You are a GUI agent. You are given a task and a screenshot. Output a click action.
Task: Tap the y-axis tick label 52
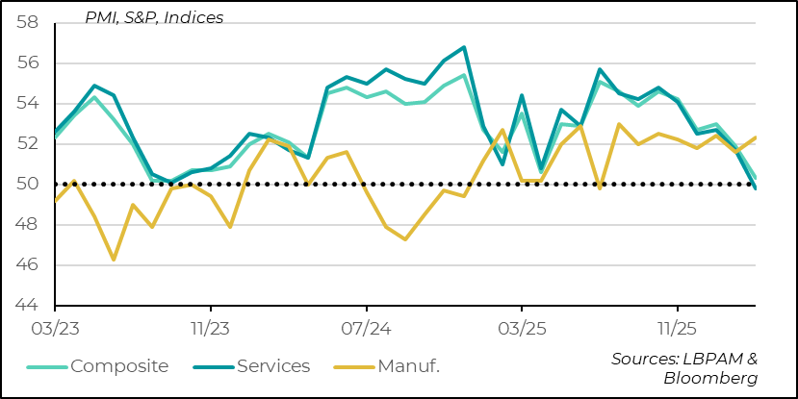tap(28, 144)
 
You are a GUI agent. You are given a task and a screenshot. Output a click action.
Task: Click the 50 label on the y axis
tap(28, 185)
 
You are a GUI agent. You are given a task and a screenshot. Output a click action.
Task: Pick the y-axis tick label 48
tap(28, 225)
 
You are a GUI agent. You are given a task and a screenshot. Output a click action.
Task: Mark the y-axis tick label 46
tap(28, 265)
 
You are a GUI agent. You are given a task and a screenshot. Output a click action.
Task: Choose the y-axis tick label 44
tap(28, 306)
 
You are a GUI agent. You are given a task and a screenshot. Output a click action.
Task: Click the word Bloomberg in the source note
tap(710, 378)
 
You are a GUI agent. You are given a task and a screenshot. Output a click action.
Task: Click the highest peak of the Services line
tap(464, 47)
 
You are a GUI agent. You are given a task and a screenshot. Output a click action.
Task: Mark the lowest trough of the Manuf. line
tap(114, 260)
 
